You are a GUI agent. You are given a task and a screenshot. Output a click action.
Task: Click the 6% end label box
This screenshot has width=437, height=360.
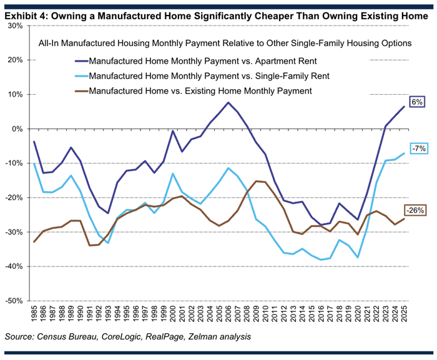click(x=417, y=101)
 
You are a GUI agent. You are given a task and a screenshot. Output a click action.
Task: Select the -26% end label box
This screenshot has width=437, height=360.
click(x=415, y=210)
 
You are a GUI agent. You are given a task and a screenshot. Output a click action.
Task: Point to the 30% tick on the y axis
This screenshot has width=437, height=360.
click(x=14, y=26)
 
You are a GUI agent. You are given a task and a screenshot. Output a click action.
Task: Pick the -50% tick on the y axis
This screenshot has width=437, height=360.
click(x=14, y=301)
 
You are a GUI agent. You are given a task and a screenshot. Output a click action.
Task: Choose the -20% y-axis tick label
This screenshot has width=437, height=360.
click(x=14, y=198)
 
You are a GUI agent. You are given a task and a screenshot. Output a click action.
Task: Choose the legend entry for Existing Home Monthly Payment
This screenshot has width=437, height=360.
click(x=194, y=91)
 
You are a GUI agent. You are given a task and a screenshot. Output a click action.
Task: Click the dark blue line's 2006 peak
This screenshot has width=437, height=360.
click(x=228, y=102)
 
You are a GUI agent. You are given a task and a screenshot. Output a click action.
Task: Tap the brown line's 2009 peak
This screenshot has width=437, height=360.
click(x=256, y=181)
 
